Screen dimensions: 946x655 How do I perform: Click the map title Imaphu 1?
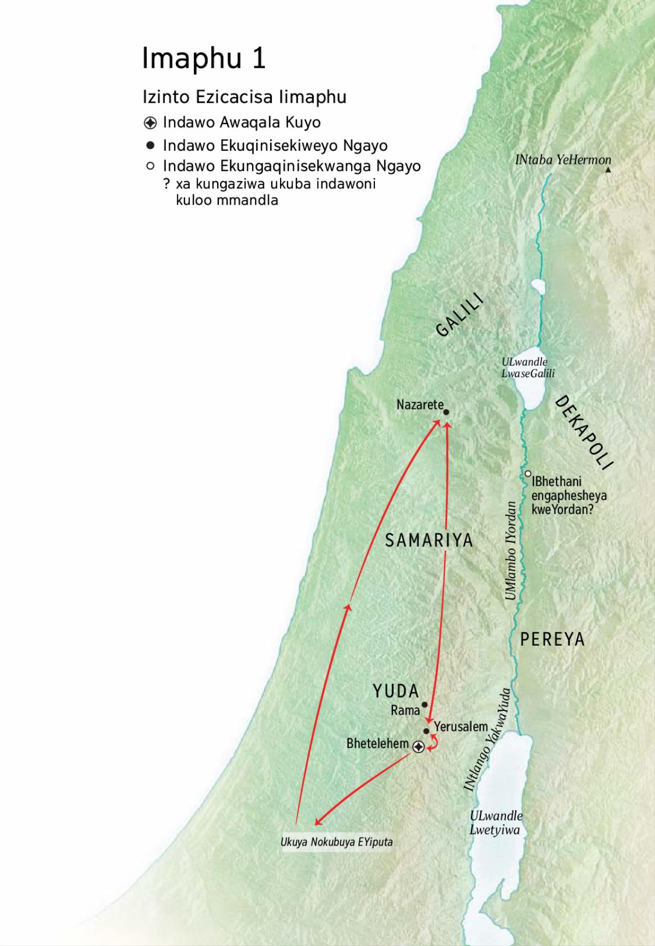tap(204, 58)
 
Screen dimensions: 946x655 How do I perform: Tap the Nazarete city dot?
tap(446, 412)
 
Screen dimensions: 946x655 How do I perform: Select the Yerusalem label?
tap(461, 727)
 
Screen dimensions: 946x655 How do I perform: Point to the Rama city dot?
tap(425, 705)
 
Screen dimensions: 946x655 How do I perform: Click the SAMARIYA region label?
tap(429, 540)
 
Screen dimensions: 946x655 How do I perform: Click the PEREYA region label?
tap(552, 639)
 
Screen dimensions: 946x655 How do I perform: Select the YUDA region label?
tap(396, 691)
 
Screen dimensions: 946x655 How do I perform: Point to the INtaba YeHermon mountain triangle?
tap(609, 170)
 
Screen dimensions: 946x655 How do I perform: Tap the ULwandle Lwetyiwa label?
tap(496, 823)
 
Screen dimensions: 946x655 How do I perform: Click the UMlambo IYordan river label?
tap(511, 550)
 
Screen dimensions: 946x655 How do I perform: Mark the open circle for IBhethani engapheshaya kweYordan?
tap(528, 474)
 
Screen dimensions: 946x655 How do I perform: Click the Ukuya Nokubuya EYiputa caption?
tap(336, 842)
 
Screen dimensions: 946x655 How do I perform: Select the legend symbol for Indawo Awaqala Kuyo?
tap(151, 122)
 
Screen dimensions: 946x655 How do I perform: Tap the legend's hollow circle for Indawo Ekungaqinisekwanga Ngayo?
tap(151, 165)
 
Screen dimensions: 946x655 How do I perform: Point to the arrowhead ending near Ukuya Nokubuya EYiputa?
tap(317, 823)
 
